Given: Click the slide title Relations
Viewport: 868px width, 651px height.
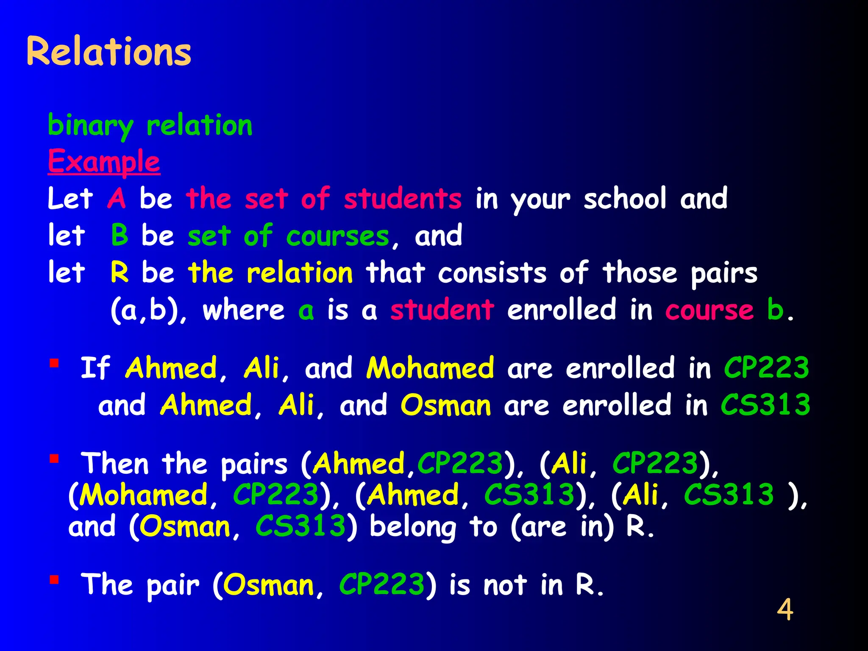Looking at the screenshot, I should [109, 52].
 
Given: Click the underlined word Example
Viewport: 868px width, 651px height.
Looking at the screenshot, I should [104, 161].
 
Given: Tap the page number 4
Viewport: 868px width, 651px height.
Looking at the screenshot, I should [785, 610].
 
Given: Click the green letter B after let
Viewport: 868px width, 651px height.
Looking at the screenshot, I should [120, 235].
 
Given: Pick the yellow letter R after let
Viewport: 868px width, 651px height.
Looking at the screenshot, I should [120, 273].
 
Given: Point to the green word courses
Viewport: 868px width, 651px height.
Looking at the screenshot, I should [337, 236].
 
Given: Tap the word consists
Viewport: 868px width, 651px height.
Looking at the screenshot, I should [492, 273].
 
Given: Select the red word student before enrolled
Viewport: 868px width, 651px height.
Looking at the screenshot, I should [442, 310].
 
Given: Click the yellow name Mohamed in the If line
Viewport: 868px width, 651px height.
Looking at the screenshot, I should [430, 368].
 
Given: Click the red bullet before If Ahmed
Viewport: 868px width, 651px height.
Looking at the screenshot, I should [54, 363].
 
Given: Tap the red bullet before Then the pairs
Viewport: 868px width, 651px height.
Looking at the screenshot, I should [54, 459].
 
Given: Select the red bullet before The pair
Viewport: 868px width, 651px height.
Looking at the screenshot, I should [54, 579].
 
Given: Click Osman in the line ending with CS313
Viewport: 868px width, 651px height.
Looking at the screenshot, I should [446, 405].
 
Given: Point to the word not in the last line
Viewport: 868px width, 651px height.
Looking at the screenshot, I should [505, 585].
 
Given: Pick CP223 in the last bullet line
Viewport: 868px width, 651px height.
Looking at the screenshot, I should [382, 585].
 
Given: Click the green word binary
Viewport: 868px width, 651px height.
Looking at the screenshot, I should [90, 126].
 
